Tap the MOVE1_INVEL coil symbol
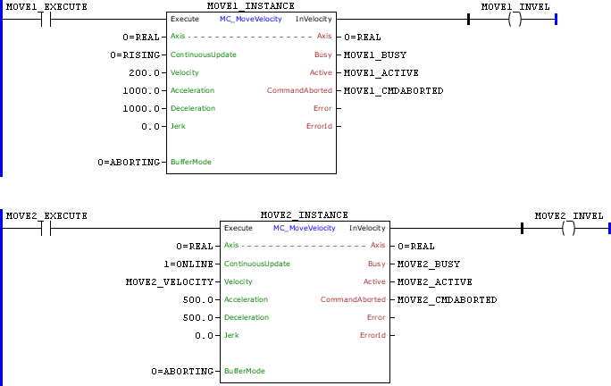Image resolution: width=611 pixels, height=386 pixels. tap(514, 20)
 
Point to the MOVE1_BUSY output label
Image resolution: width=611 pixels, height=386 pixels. tap(374, 55)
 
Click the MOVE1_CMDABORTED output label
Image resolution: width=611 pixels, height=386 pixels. tap(393, 90)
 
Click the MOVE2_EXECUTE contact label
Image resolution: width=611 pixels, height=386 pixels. tap(46, 215)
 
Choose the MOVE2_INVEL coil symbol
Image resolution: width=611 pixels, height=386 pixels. tap(567, 229)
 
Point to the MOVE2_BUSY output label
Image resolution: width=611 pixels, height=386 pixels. tap(428, 264)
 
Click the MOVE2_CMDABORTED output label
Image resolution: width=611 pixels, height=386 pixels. tap(447, 299)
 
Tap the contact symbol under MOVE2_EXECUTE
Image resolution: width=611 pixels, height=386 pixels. tap(46, 229)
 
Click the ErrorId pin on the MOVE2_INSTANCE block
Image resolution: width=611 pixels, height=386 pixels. tap(372, 335)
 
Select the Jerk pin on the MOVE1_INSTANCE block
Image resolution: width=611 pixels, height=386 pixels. tap(179, 126)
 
